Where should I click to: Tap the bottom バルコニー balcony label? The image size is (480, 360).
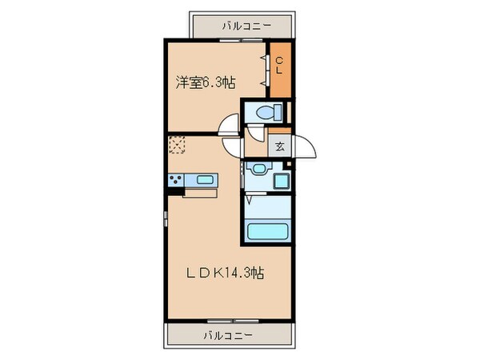click(231, 334)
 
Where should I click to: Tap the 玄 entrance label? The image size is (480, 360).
click(281, 146)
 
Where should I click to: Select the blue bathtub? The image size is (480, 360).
click(268, 232)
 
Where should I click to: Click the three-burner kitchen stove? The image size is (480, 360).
click(176, 179)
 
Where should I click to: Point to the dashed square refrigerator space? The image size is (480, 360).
click(176, 146)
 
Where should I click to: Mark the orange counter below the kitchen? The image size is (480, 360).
click(199, 191)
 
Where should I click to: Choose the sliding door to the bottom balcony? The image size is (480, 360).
click(231, 322)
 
